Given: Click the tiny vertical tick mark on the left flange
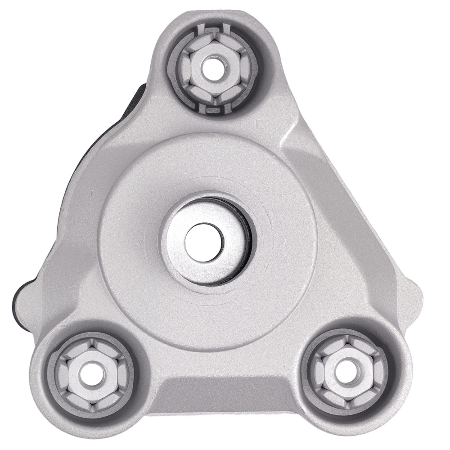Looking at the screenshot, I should pyautogui.click(x=91, y=193).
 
